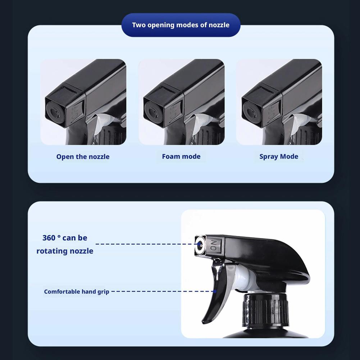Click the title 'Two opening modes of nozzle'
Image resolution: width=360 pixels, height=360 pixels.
point(181,25)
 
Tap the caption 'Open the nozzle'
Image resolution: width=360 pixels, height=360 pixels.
point(83,157)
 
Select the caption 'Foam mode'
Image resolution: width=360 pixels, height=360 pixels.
point(181,156)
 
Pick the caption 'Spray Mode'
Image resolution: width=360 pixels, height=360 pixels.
point(279,156)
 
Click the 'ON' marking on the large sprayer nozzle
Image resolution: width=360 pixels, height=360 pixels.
point(213,246)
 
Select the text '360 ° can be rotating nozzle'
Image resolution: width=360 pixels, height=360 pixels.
point(65,244)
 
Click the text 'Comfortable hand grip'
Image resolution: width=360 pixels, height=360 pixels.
point(76,292)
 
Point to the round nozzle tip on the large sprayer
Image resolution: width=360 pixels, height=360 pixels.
point(200,246)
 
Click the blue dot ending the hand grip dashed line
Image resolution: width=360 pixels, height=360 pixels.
point(215,292)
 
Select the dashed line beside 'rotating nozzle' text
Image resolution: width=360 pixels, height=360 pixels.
point(144,244)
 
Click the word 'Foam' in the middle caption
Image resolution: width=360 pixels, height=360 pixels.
point(170,156)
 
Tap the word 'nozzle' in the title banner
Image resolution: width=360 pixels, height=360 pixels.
point(218,25)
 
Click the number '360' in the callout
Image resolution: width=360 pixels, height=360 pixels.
point(49,238)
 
